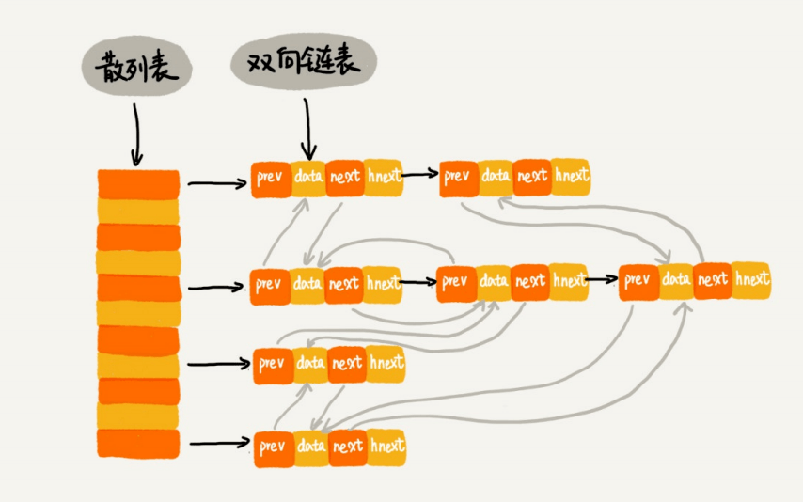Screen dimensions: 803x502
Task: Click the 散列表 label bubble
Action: (x=136, y=66)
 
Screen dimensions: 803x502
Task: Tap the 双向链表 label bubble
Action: (x=304, y=61)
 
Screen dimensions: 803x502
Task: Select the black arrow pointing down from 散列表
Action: (x=136, y=134)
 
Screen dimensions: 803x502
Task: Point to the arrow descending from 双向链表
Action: (x=307, y=129)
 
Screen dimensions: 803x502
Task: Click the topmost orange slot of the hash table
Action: (x=138, y=184)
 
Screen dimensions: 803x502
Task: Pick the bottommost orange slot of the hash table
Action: (x=138, y=444)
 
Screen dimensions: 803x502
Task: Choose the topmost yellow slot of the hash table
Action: (x=138, y=211)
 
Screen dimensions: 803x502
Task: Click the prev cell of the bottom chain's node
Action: (x=274, y=448)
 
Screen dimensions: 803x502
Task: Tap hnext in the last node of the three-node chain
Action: (x=751, y=280)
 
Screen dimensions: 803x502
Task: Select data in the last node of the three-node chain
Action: (x=676, y=281)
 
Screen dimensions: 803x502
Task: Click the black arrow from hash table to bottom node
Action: (x=220, y=443)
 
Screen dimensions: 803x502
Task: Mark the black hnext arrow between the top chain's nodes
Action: (x=420, y=175)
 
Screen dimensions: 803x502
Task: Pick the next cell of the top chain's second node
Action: (x=532, y=178)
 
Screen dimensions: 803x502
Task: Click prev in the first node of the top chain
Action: (x=271, y=180)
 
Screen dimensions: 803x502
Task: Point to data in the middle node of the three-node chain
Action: (x=494, y=282)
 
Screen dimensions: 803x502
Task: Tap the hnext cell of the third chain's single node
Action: (x=386, y=364)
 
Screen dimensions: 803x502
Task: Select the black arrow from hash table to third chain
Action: (x=219, y=364)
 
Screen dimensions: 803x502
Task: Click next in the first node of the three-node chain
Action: (x=343, y=285)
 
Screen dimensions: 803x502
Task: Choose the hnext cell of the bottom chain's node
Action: (x=387, y=447)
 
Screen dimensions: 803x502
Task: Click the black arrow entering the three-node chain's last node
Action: (x=602, y=280)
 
